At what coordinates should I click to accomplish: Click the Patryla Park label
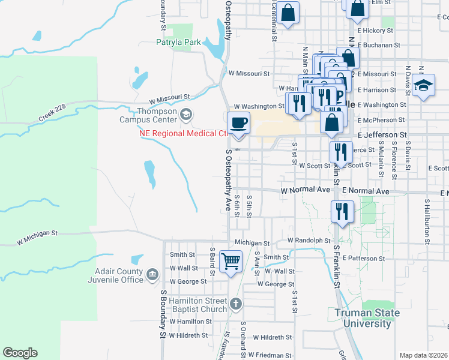tap(178, 43)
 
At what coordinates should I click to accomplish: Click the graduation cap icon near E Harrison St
tap(423, 85)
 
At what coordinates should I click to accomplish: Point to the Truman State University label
tap(361, 318)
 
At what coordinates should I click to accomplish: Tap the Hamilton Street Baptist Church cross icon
tap(236, 304)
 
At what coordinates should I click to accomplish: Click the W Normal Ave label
tap(306, 190)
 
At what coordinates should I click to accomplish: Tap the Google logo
tap(20, 353)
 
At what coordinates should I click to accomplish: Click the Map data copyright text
tap(423, 355)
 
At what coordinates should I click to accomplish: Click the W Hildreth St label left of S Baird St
tap(188, 335)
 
